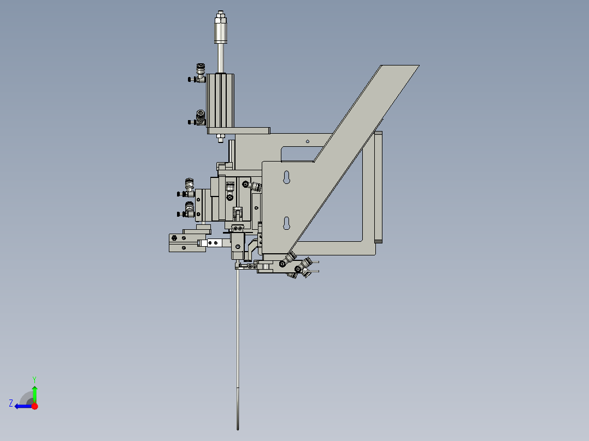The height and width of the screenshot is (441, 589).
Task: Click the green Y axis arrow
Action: [34, 394]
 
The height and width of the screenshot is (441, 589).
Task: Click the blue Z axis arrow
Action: [21, 406]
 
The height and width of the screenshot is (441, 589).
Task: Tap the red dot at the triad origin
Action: [34, 406]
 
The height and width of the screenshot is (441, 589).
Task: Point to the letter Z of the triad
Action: [11, 403]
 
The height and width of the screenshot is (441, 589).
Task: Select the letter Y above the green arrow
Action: [34, 378]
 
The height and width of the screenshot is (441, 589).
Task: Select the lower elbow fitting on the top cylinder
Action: [199, 118]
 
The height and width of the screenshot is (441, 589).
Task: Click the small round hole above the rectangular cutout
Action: [307, 141]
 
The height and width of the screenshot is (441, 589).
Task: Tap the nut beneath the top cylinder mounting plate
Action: [220, 138]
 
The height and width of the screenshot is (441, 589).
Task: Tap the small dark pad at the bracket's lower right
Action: [378, 241]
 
